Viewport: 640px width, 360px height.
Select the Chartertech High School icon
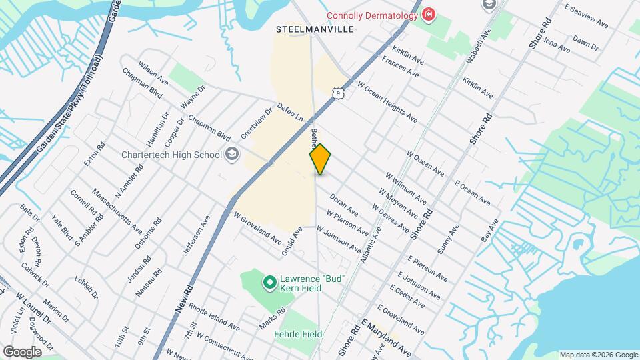pyautogui.click(x=231, y=155)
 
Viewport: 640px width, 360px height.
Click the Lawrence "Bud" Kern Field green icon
pyautogui.click(x=269, y=283)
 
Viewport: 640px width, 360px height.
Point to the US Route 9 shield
pyautogui.click(x=339, y=93)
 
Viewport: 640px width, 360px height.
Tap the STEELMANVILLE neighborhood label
pyautogui.click(x=315, y=30)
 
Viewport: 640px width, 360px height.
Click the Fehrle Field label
pyautogui.click(x=298, y=334)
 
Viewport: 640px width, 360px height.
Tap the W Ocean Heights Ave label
pyautogui.click(x=387, y=102)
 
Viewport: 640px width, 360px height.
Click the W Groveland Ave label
pyautogui.click(x=257, y=227)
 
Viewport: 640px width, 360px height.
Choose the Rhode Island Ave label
pyautogui.click(x=214, y=317)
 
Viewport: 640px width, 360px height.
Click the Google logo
pyautogui.click(x=21, y=352)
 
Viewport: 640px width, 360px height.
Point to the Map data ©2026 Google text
pyautogui.click(x=598, y=355)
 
